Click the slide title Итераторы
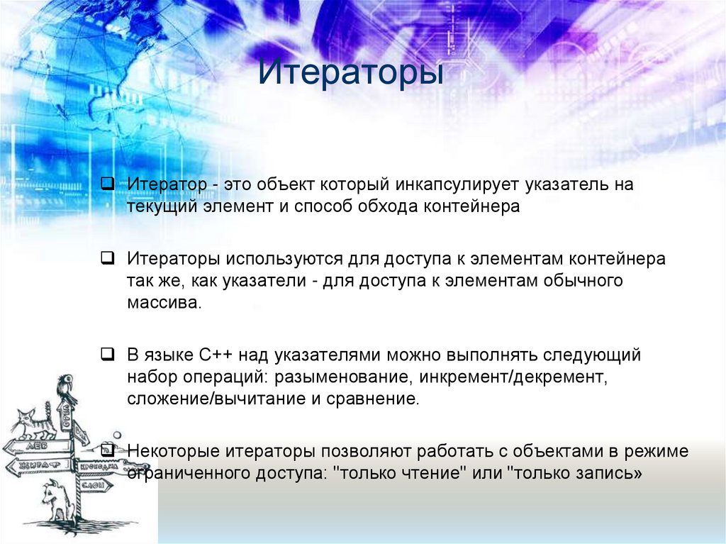point(350,74)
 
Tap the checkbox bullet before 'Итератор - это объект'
point(106,184)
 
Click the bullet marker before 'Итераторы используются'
point(106,258)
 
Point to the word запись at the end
point(610,473)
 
